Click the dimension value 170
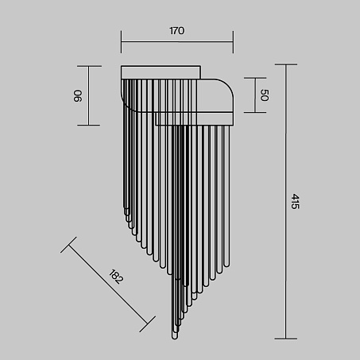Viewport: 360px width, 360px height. [x=176, y=31]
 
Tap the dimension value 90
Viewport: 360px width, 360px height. [x=78, y=96]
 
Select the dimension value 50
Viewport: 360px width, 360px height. [x=265, y=95]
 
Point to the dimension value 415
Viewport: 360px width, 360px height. [x=295, y=201]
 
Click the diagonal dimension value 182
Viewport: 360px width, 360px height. [x=116, y=277]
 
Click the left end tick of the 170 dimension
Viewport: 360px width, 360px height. [x=122, y=42]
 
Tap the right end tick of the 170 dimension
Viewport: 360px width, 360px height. [x=233, y=42]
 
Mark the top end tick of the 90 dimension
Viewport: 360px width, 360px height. [x=89, y=66]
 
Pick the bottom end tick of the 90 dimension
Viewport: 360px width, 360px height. [x=89, y=125]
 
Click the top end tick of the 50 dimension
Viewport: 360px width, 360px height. [x=255, y=78]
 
